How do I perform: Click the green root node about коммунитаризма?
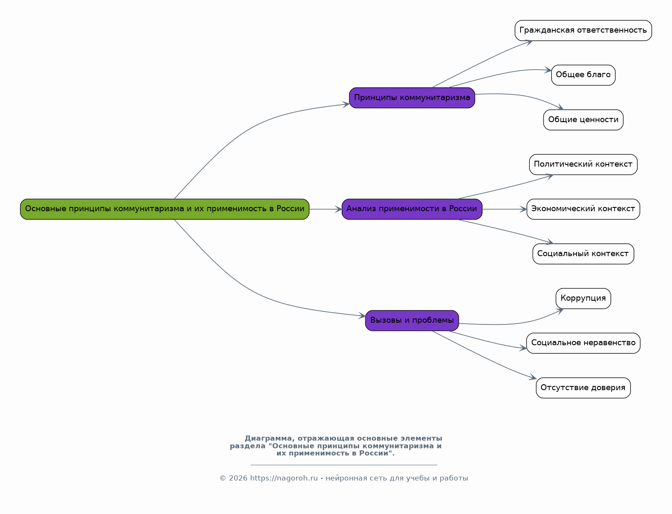click(x=165, y=209)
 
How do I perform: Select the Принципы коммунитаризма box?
click(x=412, y=98)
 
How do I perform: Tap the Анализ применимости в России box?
click(x=412, y=209)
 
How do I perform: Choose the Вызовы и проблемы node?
click(x=412, y=321)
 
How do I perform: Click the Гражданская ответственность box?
click(x=583, y=31)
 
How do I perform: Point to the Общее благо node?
click(x=583, y=75)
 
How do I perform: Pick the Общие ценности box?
click(x=583, y=120)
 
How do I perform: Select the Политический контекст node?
click(x=583, y=165)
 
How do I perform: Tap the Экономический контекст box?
click(x=583, y=209)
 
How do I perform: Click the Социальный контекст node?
click(x=583, y=254)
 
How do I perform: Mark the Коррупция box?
click(x=583, y=299)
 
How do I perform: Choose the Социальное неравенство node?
click(x=583, y=343)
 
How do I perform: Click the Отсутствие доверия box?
click(x=583, y=388)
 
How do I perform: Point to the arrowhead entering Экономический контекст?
click(x=524, y=209)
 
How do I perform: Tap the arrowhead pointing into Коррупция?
click(x=560, y=310)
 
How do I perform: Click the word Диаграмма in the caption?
click(x=268, y=439)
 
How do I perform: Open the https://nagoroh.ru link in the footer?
click(x=284, y=478)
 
